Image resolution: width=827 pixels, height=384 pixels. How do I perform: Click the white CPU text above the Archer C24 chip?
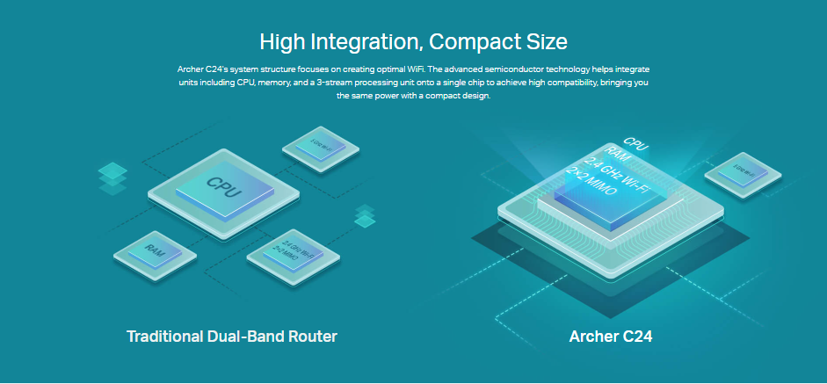click(x=635, y=142)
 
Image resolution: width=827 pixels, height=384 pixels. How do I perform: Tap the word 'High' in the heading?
click(x=281, y=41)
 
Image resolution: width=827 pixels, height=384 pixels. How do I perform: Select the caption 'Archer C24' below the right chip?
click(x=611, y=337)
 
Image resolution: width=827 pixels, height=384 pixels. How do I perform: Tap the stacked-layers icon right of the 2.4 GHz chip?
click(x=364, y=216)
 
